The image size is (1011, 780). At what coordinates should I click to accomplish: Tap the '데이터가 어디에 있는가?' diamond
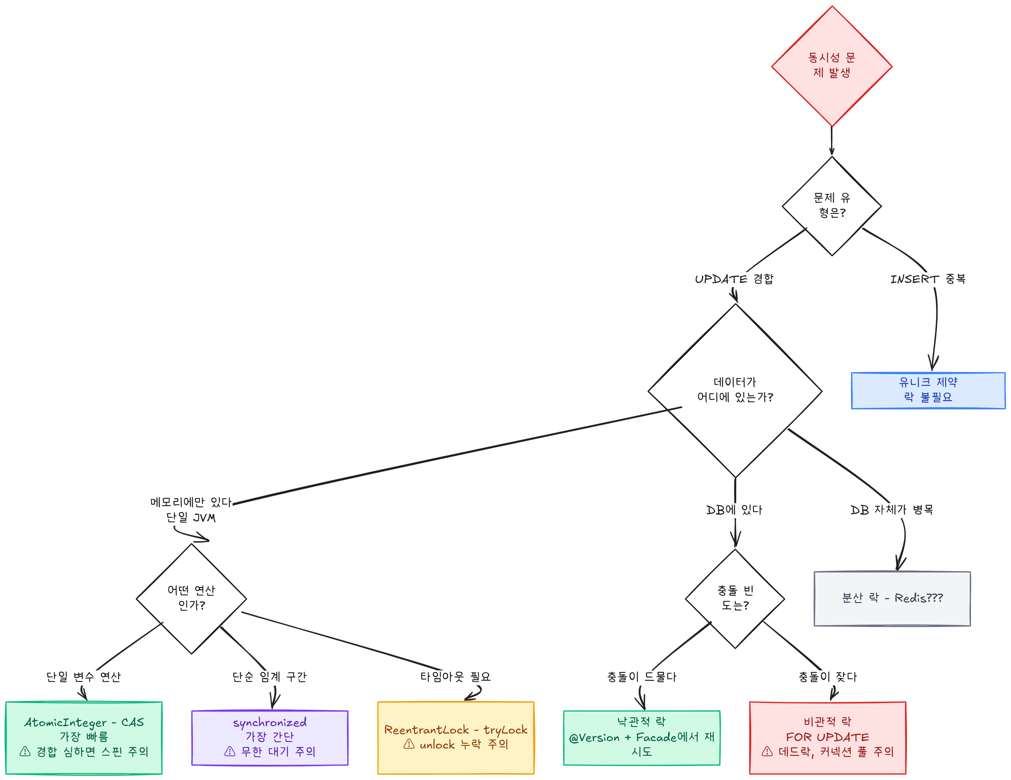pyautogui.click(x=735, y=391)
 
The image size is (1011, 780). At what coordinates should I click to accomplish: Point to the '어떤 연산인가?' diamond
pyautogui.click(x=191, y=598)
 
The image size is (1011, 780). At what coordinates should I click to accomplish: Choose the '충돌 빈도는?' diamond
pyautogui.click(x=735, y=598)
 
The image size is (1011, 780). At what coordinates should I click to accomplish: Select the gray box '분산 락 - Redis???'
pyautogui.click(x=892, y=598)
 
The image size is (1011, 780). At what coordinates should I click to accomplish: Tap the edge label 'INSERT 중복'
pyautogui.click(x=928, y=279)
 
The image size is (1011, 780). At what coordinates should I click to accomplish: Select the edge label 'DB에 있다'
pyautogui.click(x=734, y=510)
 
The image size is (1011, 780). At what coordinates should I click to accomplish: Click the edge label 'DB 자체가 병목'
pyautogui.click(x=892, y=510)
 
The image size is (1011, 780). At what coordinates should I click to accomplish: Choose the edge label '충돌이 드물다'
pyautogui.click(x=642, y=677)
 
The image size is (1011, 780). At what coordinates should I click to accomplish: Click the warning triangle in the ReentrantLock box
pyautogui.click(x=409, y=744)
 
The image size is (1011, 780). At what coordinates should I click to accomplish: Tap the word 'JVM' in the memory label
pyautogui.click(x=204, y=518)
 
